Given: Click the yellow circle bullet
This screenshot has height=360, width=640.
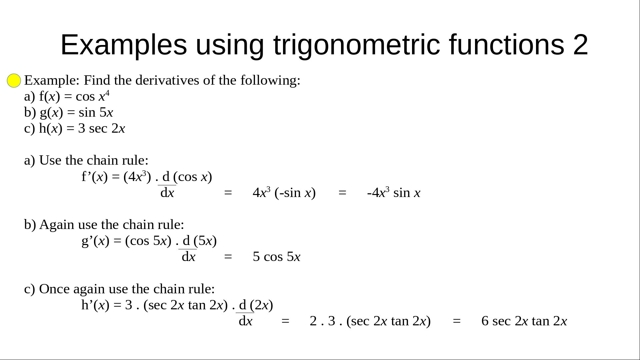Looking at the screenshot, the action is [14, 81].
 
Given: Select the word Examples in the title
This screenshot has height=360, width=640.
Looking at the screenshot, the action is [124, 45].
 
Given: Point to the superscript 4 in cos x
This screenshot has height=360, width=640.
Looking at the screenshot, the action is [107, 93].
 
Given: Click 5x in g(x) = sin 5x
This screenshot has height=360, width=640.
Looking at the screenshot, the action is [106, 113].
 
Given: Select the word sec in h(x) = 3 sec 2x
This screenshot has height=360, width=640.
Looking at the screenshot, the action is [98, 129].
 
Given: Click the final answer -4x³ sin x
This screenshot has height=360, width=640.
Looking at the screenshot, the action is [394, 193].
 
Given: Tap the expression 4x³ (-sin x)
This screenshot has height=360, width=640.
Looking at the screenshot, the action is [284, 193].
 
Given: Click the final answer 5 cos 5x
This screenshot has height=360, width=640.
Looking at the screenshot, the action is [277, 257].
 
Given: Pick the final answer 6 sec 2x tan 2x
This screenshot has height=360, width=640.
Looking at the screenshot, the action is [524, 321].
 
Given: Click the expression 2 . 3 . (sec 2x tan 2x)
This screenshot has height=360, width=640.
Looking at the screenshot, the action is [370, 321].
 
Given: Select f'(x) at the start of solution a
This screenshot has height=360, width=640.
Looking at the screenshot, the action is [95, 177].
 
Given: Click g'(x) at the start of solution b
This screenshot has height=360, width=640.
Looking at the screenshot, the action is [95, 241].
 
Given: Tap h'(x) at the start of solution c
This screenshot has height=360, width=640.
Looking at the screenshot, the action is [95, 305].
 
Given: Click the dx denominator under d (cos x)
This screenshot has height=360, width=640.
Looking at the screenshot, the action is [167, 193].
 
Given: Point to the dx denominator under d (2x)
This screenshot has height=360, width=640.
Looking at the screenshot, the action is [246, 321].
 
